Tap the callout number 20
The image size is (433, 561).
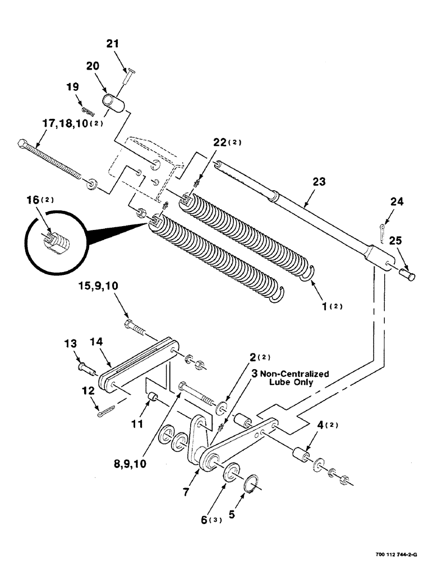tap(93, 66)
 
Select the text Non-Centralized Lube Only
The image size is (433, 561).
tap(299, 378)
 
